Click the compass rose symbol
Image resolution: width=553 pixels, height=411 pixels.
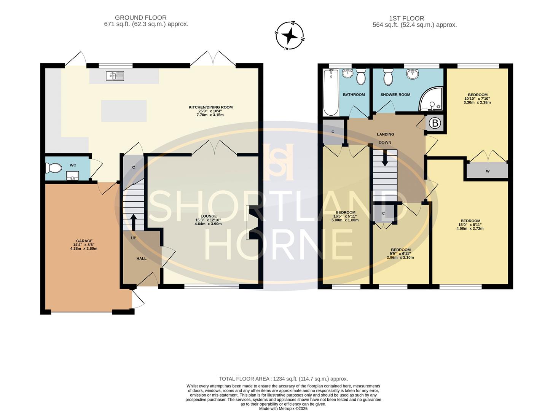tap(290, 36)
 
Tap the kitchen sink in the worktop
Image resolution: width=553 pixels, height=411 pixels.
tap(115, 76)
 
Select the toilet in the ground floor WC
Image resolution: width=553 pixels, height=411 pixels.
tap(53, 168)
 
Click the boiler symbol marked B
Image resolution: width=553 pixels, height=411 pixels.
tap(435, 123)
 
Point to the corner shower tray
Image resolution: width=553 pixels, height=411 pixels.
tap(431, 99)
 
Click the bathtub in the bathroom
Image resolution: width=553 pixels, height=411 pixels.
tap(331, 92)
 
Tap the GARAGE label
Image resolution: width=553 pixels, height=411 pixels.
tap(84, 241)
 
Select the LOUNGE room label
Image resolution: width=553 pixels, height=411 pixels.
tap(209, 216)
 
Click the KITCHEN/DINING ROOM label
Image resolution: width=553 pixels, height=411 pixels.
tap(211, 107)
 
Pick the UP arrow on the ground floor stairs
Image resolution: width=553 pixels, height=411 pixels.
tap(134, 222)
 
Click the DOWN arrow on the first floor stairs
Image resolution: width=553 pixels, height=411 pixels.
tap(385, 158)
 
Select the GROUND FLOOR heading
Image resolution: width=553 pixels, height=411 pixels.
tap(140, 18)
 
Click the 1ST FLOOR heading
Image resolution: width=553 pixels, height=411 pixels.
tap(406, 18)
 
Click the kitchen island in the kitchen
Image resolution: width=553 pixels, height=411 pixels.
tap(124, 111)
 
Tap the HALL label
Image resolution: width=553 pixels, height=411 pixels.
tap(141, 259)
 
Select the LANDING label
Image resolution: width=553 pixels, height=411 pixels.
tap(386, 134)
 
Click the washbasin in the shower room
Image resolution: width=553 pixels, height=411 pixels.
tap(413, 73)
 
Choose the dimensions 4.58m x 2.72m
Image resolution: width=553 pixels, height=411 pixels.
tap(470, 228)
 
